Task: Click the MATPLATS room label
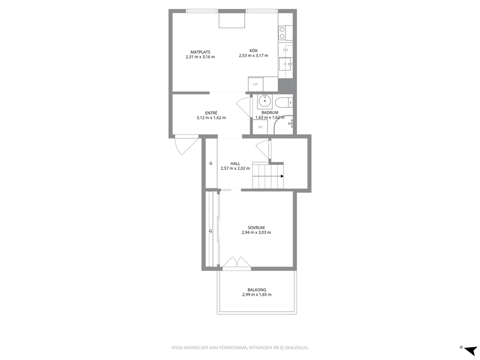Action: (x=200, y=52)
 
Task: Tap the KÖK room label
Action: (x=254, y=51)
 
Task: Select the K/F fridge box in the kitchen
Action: (x=255, y=84)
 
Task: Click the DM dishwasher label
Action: (x=285, y=50)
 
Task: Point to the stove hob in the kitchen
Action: (x=282, y=33)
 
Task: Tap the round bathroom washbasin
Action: (x=265, y=100)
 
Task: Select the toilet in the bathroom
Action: (x=284, y=102)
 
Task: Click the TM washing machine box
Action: (x=260, y=127)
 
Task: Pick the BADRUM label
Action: (x=270, y=113)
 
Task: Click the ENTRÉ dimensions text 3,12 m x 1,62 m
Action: (x=211, y=118)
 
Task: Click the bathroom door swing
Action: (x=244, y=106)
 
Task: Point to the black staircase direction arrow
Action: (x=282, y=176)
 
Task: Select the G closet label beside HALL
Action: (x=210, y=164)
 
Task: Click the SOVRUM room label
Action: (x=256, y=228)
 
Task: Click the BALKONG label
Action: (x=257, y=290)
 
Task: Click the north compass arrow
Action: (x=470, y=350)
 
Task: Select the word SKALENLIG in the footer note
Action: (x=298, y=348)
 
